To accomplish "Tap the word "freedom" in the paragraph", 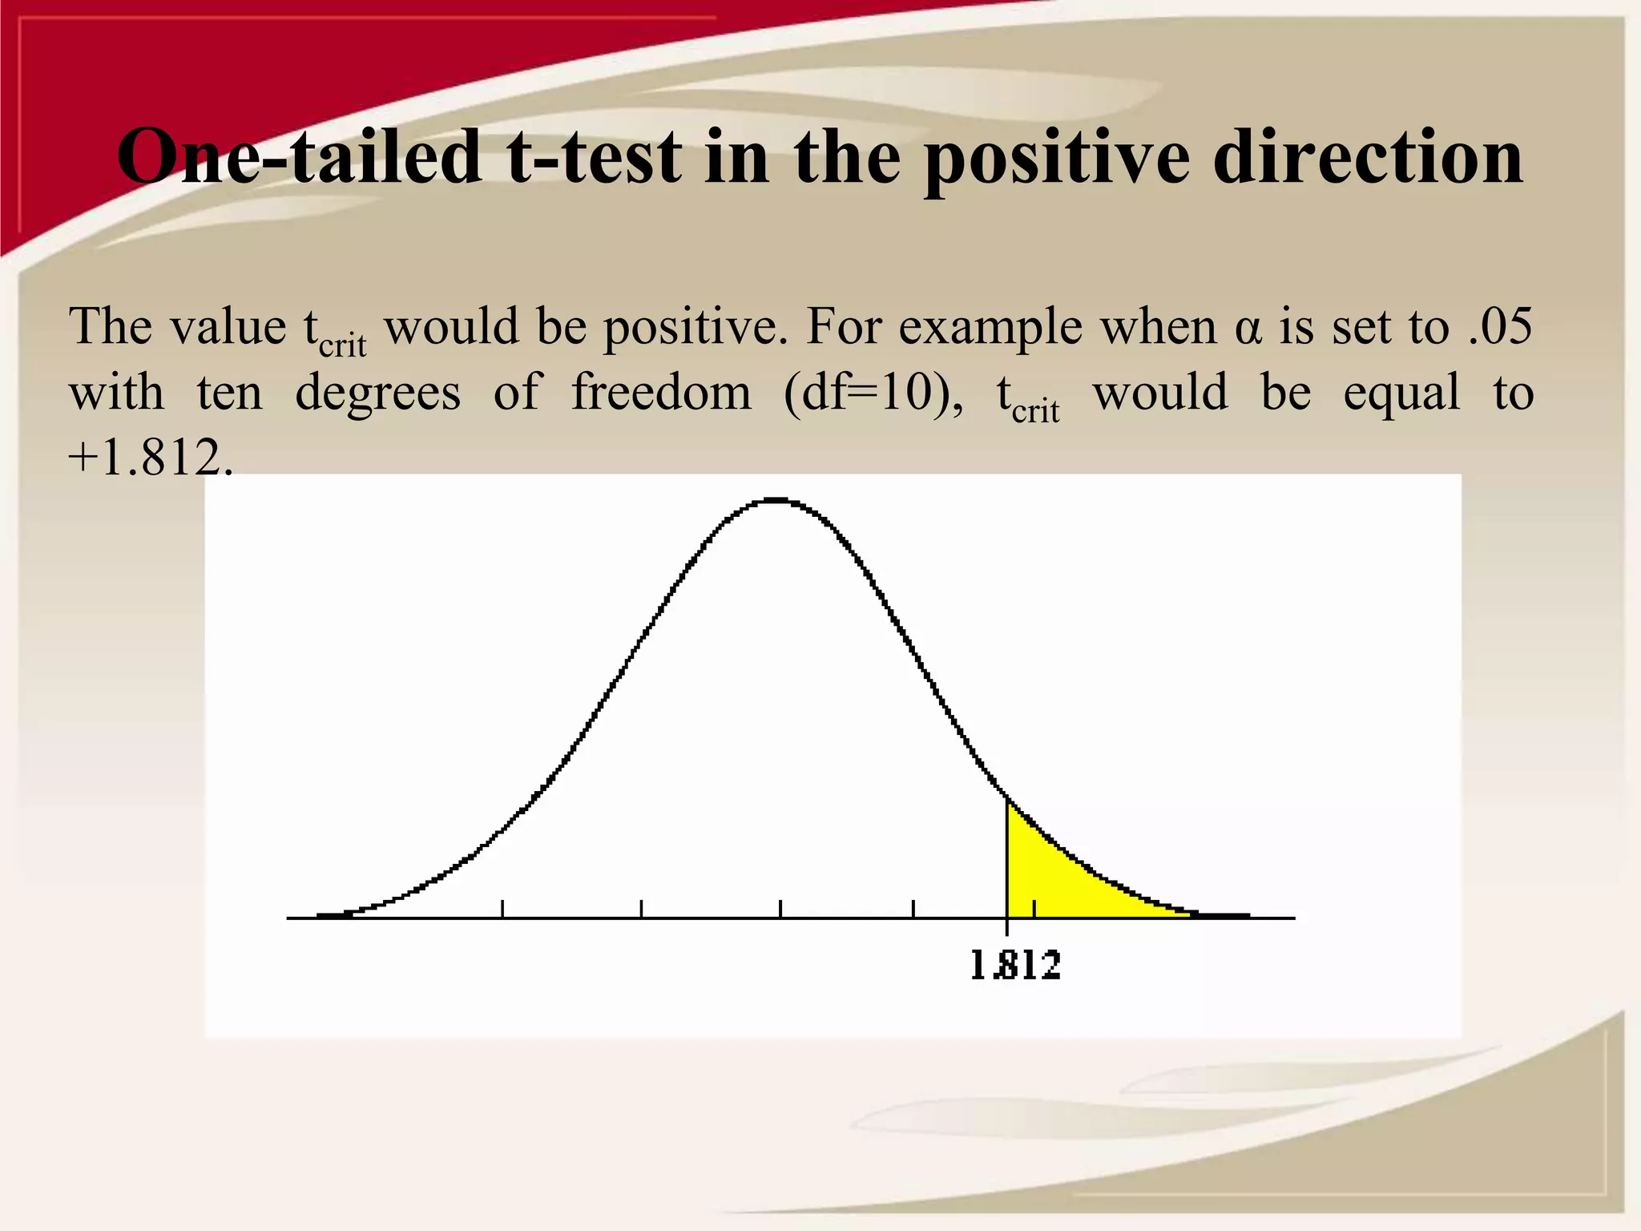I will pos(661,393).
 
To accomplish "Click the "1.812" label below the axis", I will pos(1015,965).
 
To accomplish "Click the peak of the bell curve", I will pos(776,501).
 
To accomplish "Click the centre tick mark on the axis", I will pos(780,909).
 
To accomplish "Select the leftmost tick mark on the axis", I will pos(502,909).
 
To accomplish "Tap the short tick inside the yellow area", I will pos(1034,909).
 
